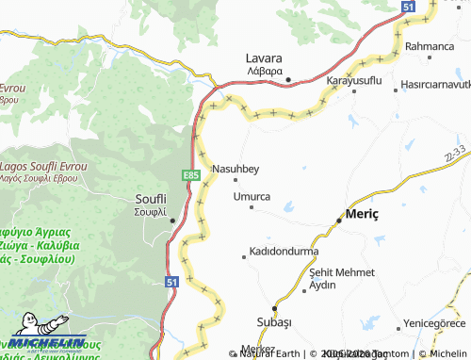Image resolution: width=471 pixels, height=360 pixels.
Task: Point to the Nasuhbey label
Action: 235,169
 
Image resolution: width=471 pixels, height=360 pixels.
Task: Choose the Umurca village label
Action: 252,196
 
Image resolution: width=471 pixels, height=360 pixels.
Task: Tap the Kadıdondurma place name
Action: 284,252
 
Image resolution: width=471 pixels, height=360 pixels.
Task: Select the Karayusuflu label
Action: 353,81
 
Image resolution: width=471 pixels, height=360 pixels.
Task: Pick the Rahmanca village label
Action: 430,45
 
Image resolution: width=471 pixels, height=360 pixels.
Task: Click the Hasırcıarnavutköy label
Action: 434,83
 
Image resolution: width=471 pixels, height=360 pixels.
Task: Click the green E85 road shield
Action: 191,175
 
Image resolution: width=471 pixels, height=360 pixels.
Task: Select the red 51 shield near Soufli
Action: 171,281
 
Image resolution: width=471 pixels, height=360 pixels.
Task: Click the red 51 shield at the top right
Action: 408,7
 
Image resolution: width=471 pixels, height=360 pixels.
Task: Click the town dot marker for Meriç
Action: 339,221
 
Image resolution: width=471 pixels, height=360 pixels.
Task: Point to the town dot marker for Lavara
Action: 288,79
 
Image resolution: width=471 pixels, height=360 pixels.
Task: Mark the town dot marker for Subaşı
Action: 274,307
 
